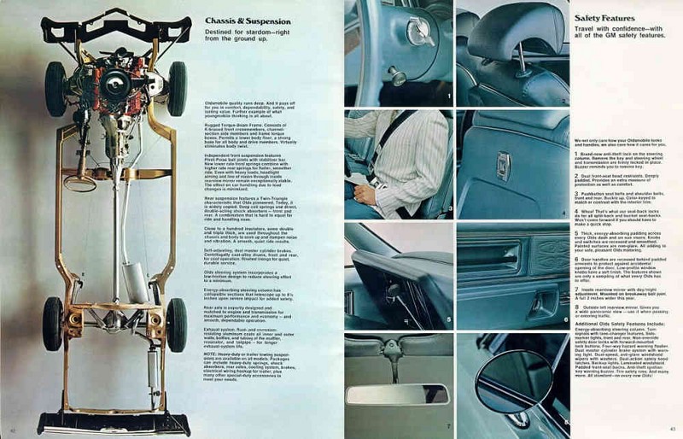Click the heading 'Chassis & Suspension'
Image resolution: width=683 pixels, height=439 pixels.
(248, 21)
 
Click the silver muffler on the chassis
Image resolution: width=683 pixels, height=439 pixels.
(135, 283)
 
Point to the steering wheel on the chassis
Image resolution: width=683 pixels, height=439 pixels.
(80, 182)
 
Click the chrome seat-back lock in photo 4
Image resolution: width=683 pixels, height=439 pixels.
(504, 166)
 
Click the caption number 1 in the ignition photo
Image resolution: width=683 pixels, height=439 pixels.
(449, 97)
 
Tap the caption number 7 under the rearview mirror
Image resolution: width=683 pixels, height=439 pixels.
(447, 424)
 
